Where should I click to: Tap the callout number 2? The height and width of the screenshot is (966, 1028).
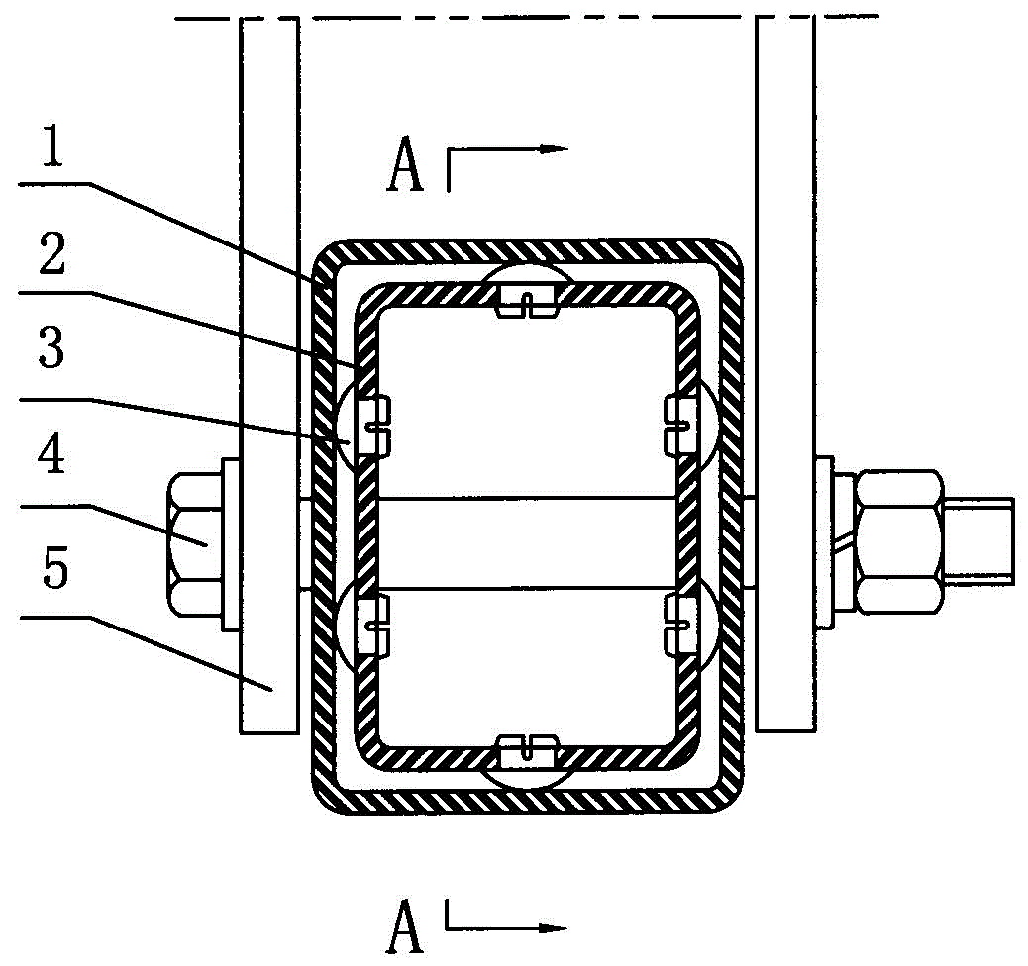click(52, 253)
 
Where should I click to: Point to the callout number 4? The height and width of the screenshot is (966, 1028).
click(51, 456)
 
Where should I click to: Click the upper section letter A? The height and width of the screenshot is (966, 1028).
click(405, 166)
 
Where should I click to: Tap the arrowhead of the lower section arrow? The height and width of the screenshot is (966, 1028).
click(552, 928)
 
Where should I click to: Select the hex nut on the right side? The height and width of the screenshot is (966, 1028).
click(899, 542)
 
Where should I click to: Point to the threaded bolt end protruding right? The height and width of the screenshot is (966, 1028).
click(979, 541)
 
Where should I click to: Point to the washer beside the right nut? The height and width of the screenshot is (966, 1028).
click(825, 542)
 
